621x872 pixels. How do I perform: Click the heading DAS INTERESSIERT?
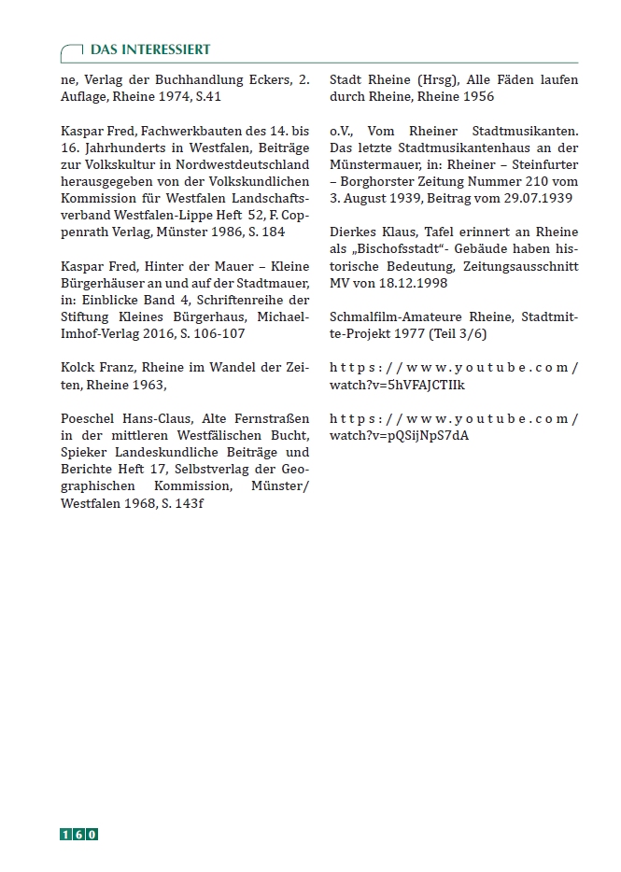coord(150,49)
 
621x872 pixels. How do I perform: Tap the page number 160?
coord(79,834)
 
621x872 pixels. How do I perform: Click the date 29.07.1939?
coord(535,198)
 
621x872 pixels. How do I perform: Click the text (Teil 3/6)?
coord(456,332)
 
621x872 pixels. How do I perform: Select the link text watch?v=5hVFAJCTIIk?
coord(398,384)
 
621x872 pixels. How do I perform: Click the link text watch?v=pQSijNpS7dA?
coord(399,434)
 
